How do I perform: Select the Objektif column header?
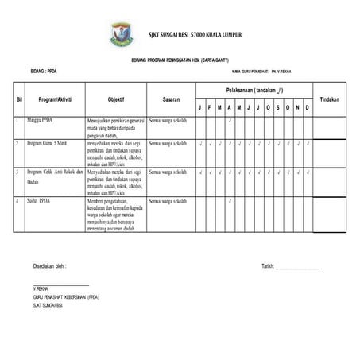[116, 99]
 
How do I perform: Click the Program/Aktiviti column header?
[56, 99]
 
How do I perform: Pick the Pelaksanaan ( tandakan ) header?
[254, 91]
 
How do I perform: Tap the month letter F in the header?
[210, 108]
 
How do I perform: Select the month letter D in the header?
[308, 108]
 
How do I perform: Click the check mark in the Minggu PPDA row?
[229, 121]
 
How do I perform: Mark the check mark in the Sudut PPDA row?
[229, 200]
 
